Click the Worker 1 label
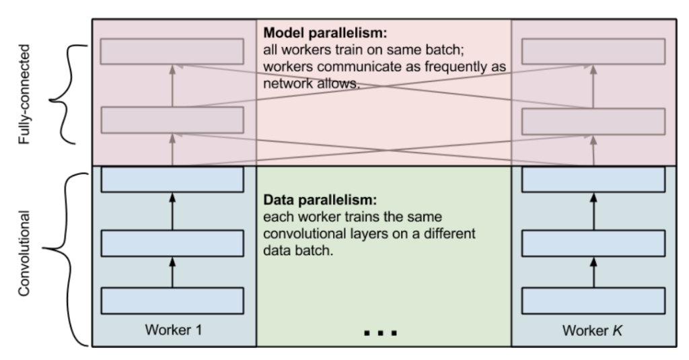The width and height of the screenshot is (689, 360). tap(172, 330)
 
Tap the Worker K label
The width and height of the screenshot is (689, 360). tap(593, 330)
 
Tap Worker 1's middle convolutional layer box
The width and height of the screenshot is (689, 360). tap(172, 242)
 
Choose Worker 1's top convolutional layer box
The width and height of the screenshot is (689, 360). tap(172, 179)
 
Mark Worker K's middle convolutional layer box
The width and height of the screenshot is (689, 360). tap(593, 242)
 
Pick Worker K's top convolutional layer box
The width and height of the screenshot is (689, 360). tap(593, 179)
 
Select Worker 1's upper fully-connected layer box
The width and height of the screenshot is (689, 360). tap(172, 52)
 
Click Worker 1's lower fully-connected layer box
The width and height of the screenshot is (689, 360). tap(172, 119)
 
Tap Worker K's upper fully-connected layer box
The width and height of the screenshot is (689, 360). tap(593, 52)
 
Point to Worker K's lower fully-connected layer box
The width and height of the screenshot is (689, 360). tap(593, 119)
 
